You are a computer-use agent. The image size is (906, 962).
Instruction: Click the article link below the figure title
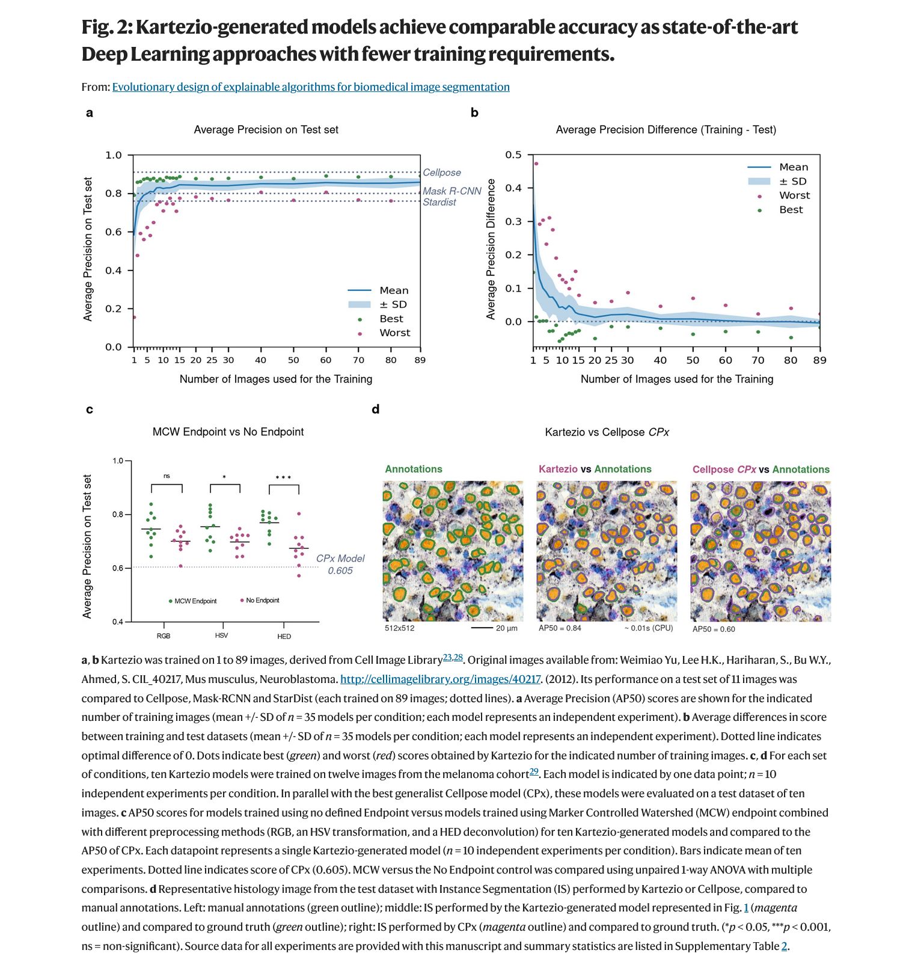311,87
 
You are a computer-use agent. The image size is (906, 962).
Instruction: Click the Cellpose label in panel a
441,173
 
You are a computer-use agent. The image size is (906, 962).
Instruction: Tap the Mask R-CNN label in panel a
451,191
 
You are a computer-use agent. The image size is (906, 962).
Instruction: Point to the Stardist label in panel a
439,203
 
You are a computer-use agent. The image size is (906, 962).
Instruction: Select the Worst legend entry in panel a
394,333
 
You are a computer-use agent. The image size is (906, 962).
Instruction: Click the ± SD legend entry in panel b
792,182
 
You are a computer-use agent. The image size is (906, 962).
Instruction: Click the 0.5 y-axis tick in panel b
513,155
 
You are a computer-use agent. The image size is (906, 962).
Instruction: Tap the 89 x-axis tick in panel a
420,360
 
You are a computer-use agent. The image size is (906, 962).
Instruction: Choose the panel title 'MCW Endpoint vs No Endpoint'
228,432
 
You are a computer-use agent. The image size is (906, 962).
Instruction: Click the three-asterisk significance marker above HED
283,478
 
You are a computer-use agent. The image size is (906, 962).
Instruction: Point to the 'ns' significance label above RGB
167,476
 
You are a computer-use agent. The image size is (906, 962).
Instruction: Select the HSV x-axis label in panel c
221,636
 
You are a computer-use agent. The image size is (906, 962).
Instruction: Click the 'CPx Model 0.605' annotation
340,565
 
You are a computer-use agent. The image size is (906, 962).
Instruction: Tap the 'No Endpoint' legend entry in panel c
262,600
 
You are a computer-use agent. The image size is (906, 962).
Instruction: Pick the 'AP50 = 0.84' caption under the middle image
560,628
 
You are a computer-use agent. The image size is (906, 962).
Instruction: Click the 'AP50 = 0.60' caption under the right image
714,630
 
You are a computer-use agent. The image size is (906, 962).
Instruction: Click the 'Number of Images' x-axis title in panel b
676,379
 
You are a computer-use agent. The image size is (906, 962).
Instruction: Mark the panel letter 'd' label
376,409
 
